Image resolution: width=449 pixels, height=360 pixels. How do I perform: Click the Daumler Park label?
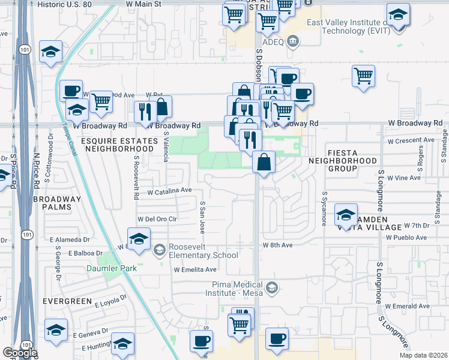point(110,268)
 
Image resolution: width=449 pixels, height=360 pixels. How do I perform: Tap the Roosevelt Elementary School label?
point(203,251)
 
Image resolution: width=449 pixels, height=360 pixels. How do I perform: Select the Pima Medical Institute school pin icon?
point(273,288)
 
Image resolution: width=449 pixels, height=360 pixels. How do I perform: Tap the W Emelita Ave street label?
point(195,270)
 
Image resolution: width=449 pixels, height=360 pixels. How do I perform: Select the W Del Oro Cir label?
point(157,220)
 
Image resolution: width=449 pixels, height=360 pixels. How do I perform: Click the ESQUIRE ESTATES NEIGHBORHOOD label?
point(119,143)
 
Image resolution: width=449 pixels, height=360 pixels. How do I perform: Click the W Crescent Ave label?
point(411,140)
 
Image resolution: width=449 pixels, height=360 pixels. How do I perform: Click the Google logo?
point(20,353)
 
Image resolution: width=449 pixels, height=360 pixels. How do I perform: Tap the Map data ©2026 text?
point(423,356)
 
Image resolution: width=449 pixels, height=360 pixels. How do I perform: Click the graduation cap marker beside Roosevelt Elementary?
point(139,238)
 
